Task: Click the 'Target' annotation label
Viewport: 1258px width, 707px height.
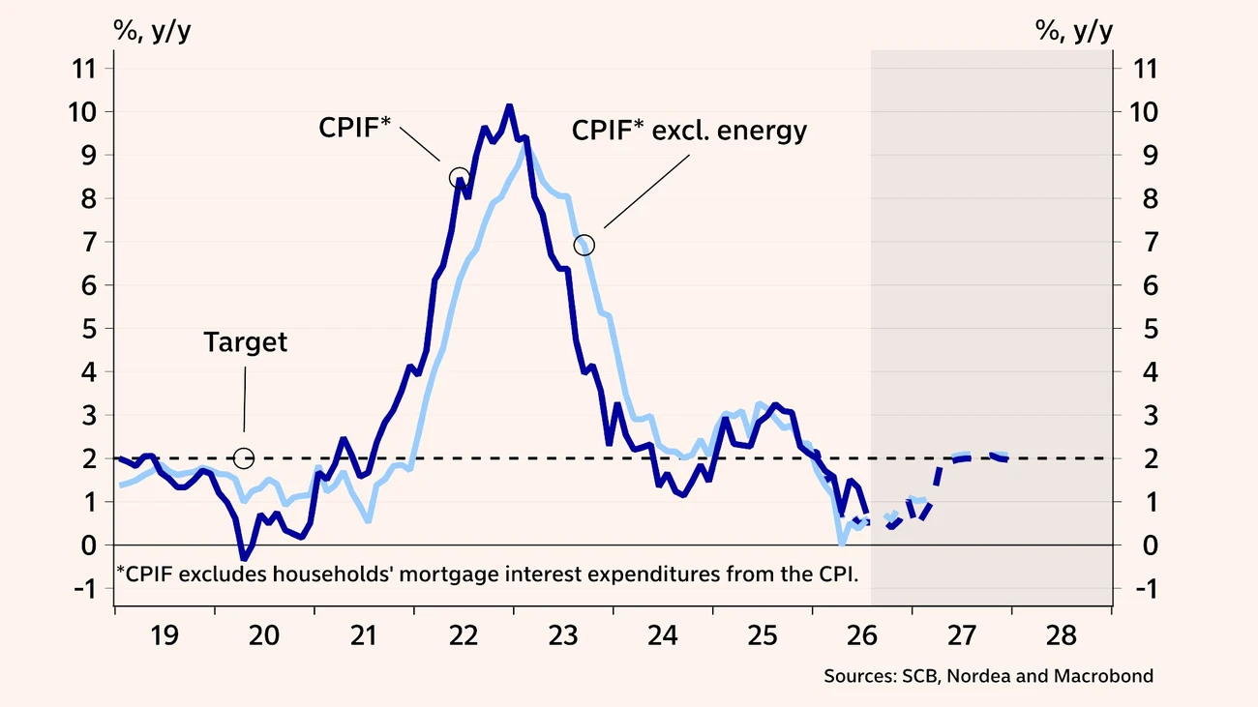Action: click(x=246, y=342)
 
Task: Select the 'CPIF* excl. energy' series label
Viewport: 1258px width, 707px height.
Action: click(x=689, y=131)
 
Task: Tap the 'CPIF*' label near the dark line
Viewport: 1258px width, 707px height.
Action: click(x=354, y=128)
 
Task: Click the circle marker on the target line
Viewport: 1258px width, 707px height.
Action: click(x=244, y=458)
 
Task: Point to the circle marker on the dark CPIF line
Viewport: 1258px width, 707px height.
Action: click(x=460, y=178)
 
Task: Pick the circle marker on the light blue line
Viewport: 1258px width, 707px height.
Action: click(x=584, y=246)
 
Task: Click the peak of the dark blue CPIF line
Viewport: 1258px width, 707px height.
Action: click(x=509, y=105)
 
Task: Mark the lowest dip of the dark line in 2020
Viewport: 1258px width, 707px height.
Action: click(x=244, y=558)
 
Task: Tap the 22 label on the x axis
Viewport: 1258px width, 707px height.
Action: click(x=464, y=635)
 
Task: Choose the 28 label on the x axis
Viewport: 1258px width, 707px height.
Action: click(x=1062, y=635)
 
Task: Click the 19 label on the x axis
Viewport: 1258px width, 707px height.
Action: click(x=165, y=635)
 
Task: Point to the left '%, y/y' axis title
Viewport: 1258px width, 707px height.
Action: click(x=152, y=31)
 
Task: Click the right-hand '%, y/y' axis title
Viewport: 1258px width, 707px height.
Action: click(x=1074, y=31)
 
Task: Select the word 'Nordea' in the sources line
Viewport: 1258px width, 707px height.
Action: click(x=978, y=676)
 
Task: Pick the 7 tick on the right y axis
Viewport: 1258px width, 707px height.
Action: click(x=1151, y=243)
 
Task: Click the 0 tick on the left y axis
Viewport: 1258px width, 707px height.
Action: click(x=89, y=545)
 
